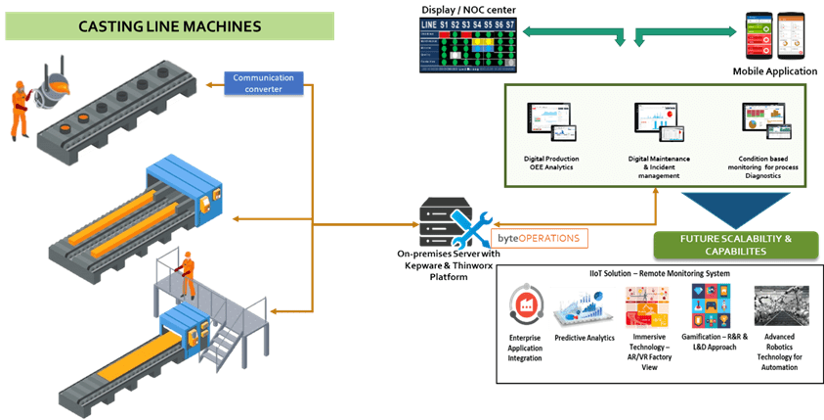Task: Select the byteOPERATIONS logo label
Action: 536,238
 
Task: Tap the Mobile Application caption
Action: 774,71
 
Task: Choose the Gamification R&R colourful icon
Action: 710,304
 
